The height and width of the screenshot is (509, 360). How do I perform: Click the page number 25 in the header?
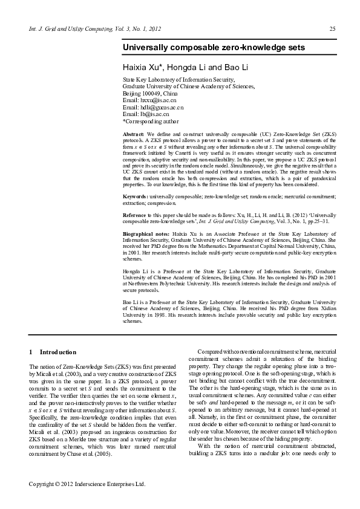(x=332, y=28)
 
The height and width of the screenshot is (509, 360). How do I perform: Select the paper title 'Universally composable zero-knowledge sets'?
(x=214, y=47)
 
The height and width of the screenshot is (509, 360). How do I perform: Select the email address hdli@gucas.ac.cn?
(x=163, y=107)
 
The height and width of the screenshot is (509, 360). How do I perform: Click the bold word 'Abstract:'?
(x=134, y=132)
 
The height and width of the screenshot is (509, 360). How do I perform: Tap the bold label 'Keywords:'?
(x=136, y=180)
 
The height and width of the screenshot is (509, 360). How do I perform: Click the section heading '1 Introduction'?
(x=53, y=352)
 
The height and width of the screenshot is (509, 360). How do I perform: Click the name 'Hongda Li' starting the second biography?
(x=136, y=271)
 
